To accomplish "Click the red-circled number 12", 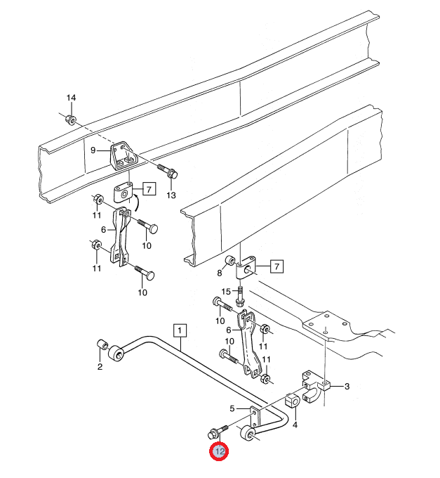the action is [219, 451].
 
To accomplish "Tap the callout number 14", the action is [71, 98].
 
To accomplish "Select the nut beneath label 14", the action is [71, 119].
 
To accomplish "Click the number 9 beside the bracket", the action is [93, 150].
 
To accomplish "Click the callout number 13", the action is [171, 195].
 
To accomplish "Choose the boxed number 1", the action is [180, 330].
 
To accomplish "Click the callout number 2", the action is [100, 367].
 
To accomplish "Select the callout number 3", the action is [347, 387].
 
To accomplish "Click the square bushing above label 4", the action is [293, 401].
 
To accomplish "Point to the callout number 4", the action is [295, 425].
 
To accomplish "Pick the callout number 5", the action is [232, 408].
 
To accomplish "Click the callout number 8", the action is [220, 273].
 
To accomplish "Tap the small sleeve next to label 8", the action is [229, 261].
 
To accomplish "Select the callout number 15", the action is [226, 292].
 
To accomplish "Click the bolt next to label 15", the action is [240, 295].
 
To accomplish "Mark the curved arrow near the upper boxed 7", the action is [135, 202].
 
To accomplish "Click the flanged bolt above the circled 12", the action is [218, 431].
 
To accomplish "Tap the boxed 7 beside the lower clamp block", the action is [276, 266].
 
